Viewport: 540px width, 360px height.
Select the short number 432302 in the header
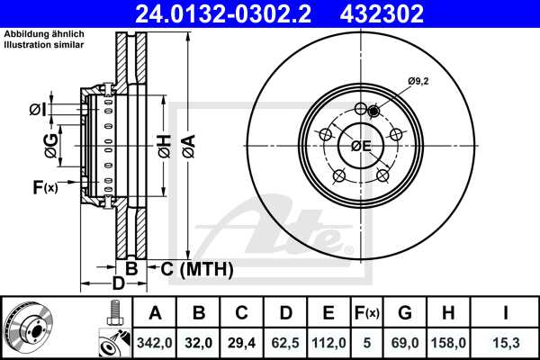coord(391,13)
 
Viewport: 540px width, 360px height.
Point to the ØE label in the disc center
coord(361,146)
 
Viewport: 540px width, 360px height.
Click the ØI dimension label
coord(37,110)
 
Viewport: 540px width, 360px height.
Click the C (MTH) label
coord(196,268)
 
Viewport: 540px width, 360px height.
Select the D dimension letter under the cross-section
coord(118,285)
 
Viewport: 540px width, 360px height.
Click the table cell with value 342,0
coord(155,342)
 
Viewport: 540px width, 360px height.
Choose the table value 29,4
coord(241,342)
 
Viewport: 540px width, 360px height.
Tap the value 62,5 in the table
coord(284,342)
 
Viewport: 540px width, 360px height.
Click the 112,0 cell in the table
coord(328,342)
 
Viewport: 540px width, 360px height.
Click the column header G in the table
coord(406,313)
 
